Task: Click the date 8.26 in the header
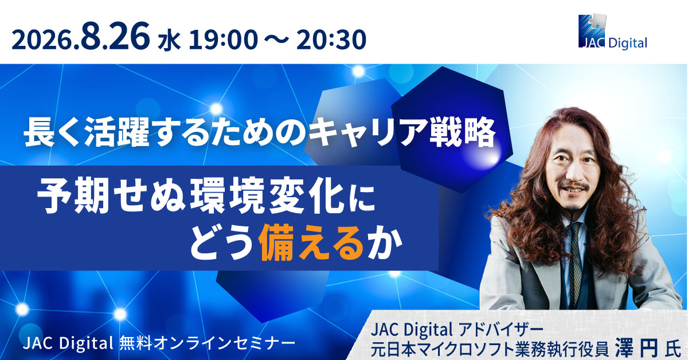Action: pos(116,36)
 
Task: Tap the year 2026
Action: pos(44,40)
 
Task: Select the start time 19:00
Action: pos(223,40)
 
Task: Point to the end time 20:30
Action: pos(332,40)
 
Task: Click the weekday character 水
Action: pos(169,41)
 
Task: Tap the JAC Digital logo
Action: pos(613,32)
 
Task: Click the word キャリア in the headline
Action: pos(368,131)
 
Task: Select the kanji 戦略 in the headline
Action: pos(463,131)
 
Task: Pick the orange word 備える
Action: pos(312,243)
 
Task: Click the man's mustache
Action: pos(573,185)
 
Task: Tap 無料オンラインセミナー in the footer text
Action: pos(208,343)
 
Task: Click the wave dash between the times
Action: pos(277,40)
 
